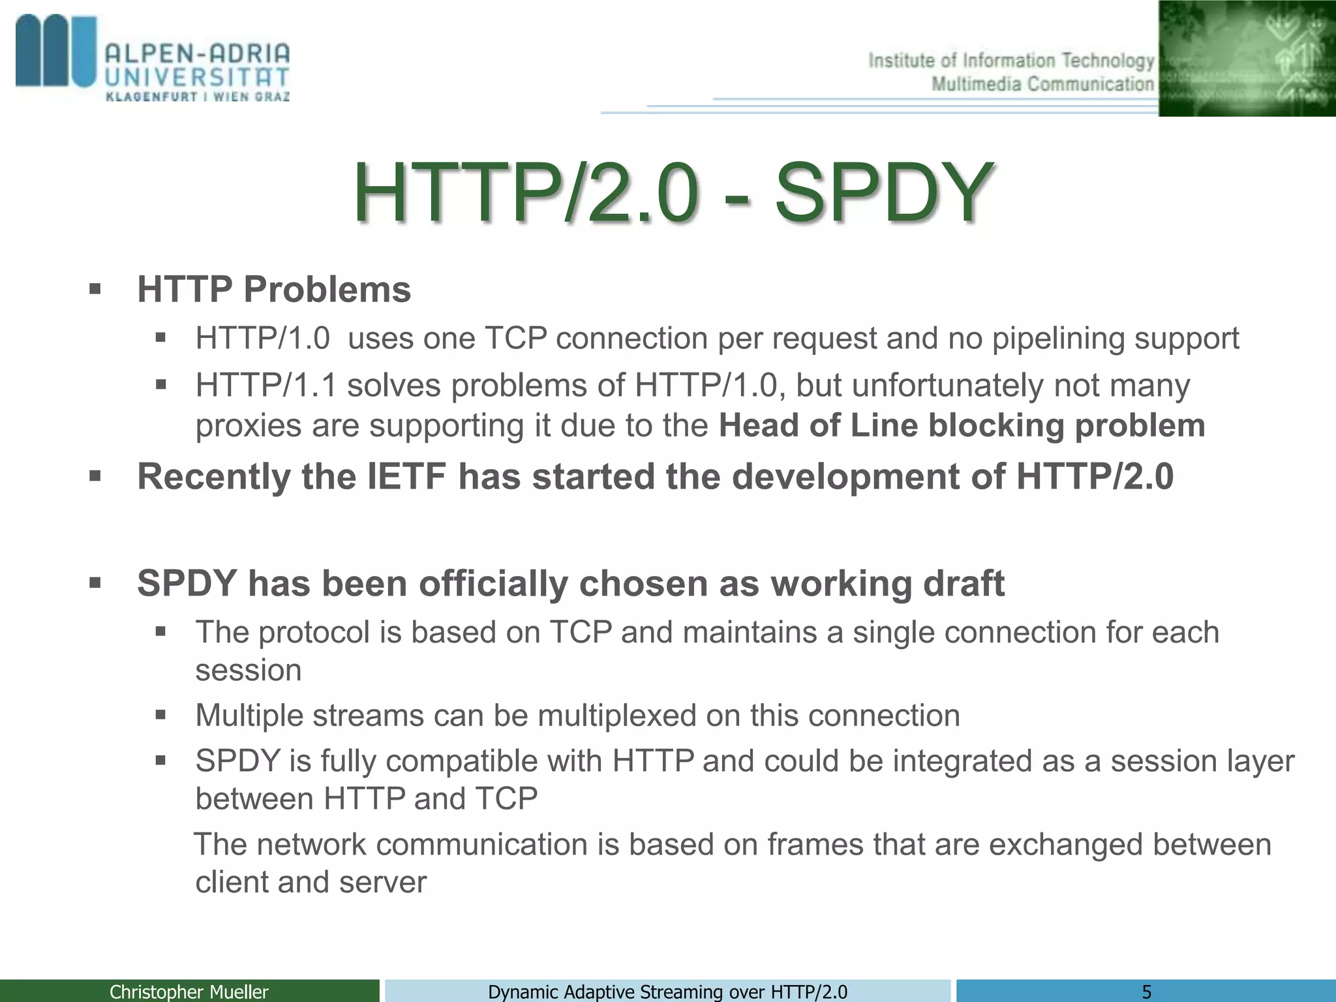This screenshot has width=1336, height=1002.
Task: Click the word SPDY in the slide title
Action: (x=884, y=194)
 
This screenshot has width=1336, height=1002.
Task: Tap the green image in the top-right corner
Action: (x=1247, y=58)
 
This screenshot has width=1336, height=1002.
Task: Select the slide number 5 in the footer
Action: (x=1146, y=992)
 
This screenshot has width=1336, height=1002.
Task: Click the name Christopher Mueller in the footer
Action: (x=189, y=992)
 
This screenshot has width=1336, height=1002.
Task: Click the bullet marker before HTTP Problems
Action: (x=95, y=289)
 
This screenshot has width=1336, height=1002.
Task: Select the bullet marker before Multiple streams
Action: (x=161, y=715)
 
